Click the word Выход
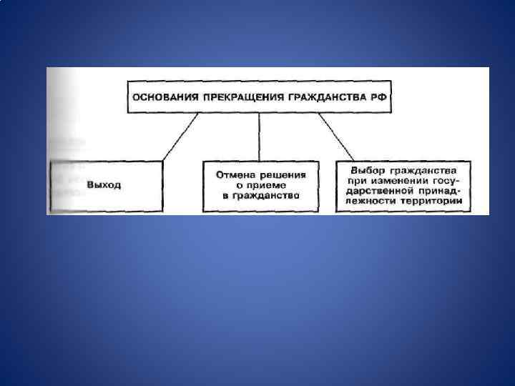pyautogui.click(x=104, y=184)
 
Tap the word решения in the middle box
pyautogui.click(x=283, y=174)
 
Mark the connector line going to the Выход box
pyautogui.click(x=180, y=136)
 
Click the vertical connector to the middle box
pyautogui.click(x=260, y=136)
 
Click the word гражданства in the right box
pyautogui.click(x=425, y=171)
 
